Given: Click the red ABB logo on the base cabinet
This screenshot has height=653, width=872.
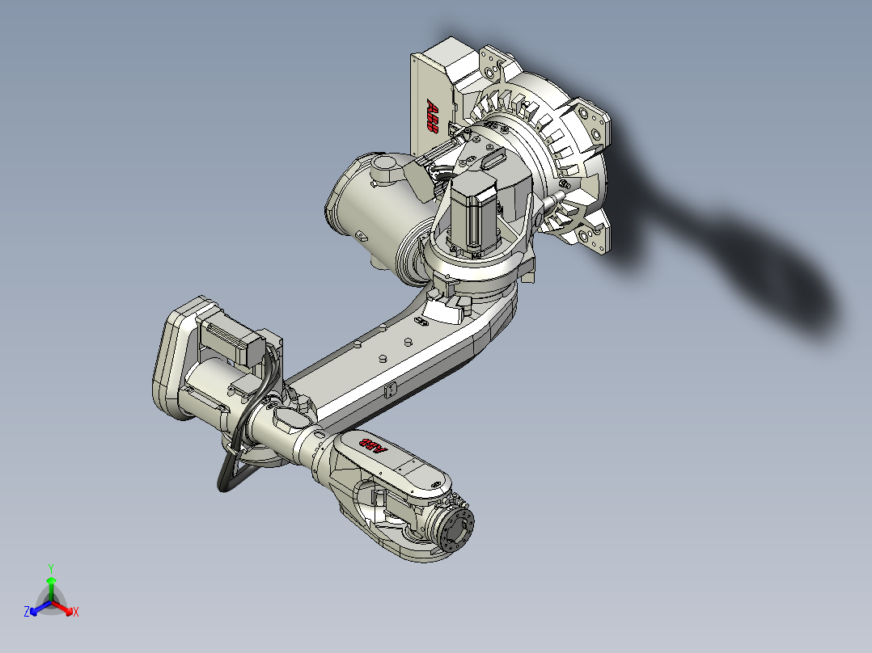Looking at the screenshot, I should coord(434,118).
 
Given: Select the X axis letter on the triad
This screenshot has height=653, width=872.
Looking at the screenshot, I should coord(76,613).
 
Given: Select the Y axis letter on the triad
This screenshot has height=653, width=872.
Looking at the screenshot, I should coord(51,568).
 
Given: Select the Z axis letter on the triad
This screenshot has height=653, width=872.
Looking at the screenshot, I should coord(27,613).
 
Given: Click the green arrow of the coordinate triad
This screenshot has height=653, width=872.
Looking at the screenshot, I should coord(51,583).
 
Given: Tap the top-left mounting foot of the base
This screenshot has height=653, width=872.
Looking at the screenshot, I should coord(492,63).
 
